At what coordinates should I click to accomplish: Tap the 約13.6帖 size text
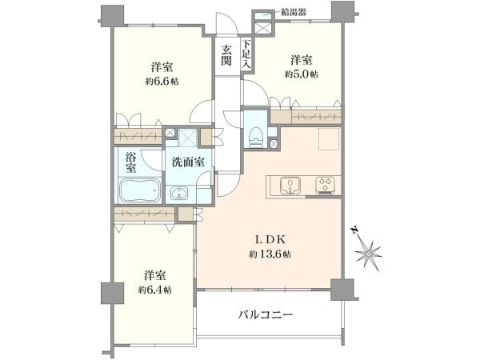point(268,254)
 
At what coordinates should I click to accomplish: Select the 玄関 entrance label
point(227,54)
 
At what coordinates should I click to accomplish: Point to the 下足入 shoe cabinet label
point(247,54)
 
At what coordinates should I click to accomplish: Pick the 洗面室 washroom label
point(189,162)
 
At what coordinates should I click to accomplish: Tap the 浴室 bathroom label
point(130,163)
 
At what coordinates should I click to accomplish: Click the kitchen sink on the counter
point(289,186)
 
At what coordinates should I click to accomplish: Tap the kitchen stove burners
point(325,186)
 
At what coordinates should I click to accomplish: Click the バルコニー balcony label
point(266,314)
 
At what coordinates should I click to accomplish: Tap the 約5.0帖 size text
point(301,74)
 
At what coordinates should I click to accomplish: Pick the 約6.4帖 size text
point(154,289)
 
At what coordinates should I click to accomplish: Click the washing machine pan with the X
point(187,138)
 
